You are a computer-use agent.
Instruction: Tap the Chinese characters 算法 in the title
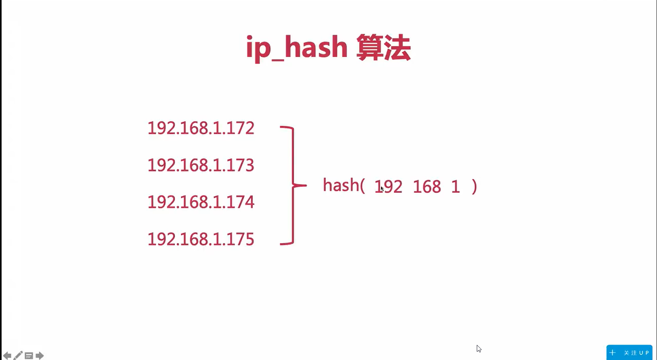383,48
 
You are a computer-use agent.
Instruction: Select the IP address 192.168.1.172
200,128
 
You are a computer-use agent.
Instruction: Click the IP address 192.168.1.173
200,165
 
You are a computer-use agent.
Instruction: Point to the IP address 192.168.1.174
200,202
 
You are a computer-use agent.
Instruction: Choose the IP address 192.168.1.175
200,239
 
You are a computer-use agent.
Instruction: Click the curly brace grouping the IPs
293,185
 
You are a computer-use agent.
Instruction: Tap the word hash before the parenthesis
341,185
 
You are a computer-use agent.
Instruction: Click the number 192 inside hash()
389,187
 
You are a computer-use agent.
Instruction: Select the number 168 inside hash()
427,187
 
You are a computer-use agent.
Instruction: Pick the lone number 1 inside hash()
455,187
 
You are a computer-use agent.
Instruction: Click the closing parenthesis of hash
474,187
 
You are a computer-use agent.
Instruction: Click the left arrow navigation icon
7,355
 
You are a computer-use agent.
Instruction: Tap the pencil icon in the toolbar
18,355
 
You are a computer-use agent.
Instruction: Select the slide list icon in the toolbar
29,356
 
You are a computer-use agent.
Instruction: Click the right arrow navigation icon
39,355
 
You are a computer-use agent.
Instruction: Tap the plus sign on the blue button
613,352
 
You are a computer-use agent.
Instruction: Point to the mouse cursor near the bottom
479,348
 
